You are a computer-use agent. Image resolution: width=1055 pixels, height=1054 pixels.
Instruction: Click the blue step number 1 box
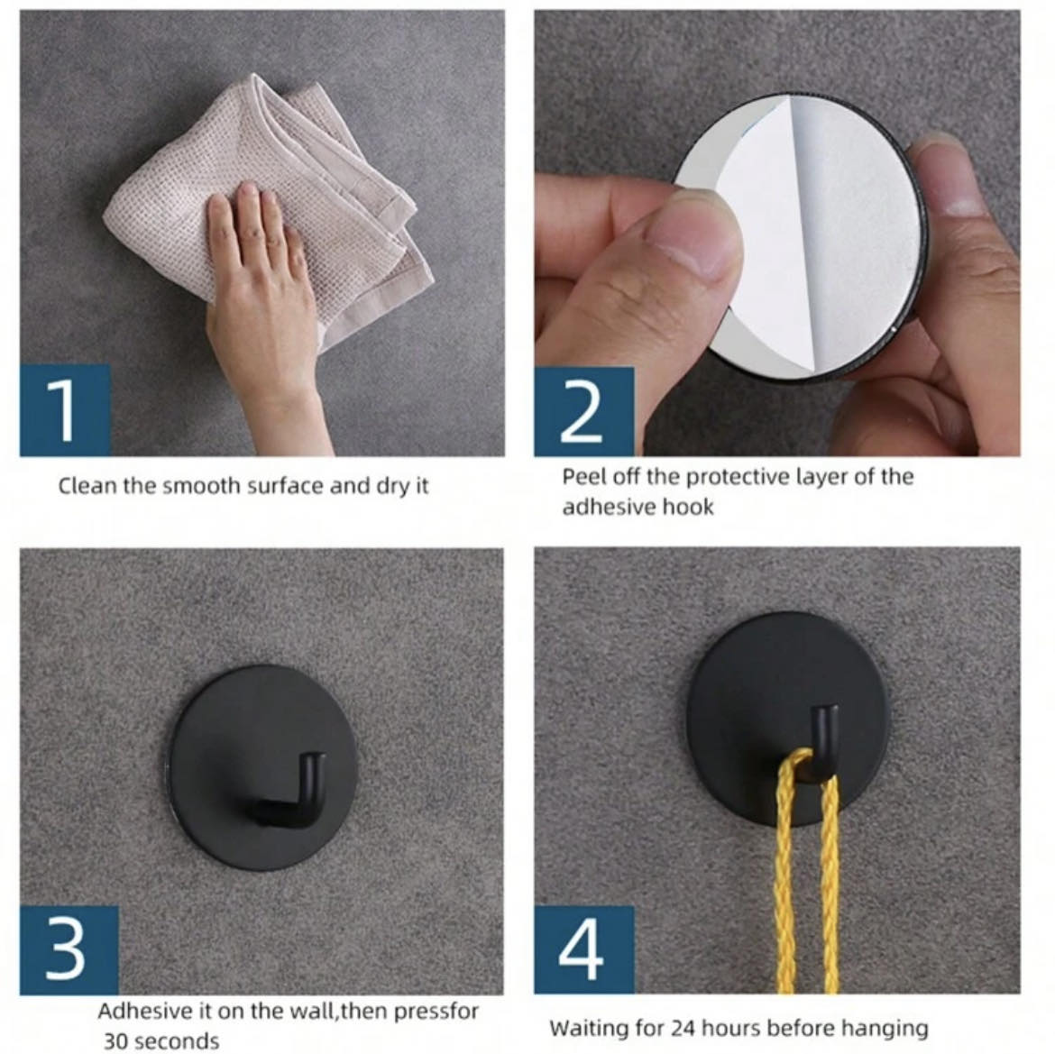(65, 410)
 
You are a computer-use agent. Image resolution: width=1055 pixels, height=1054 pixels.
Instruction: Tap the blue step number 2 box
(584, 412)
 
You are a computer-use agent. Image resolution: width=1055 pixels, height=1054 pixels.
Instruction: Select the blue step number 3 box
(69, 949)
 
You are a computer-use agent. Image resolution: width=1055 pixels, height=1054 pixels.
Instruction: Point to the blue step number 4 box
(584, 949)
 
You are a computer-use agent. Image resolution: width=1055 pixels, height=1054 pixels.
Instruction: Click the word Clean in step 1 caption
(87, 486)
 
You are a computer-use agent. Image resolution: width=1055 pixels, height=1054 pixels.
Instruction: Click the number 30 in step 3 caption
(117, 1041)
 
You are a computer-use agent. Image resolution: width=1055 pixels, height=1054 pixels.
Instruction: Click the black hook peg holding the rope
(823, 740)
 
